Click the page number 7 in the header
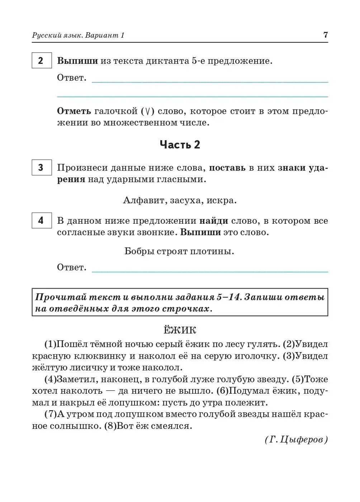pos(325,35)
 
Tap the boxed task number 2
pos(41,61)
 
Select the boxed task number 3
pos(41,167)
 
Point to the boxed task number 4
pos(41,220)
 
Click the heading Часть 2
pos(180,145)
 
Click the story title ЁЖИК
pos(180,330)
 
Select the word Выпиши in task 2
pos(77,61)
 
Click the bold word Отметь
pos(74,111)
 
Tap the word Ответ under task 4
pos(72,267)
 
